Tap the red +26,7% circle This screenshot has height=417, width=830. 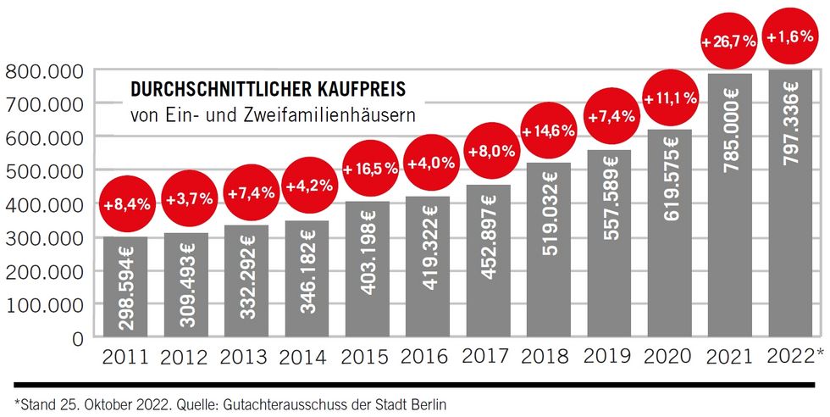(x=728, y=40)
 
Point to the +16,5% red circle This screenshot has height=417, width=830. (x=370, y=168)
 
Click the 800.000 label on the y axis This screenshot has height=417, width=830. (x=43, y=71)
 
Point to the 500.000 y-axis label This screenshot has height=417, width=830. (x=43, y=170)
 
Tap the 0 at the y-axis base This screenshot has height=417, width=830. (x=77, y=338)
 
